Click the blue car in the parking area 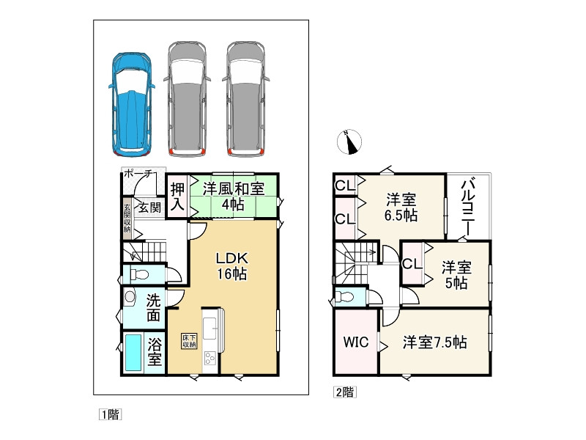click(x=132, y=104)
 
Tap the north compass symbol click(x=349, y=142)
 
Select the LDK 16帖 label click(x=231, y=266)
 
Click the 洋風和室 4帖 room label click(x=234, y=196)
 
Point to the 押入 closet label click(x=177, y=197)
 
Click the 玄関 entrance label click(x=149, y=207)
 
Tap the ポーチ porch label click(x=138, y=174)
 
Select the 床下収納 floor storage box click(x=189, y=341)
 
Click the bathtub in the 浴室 click(x=133, y=353)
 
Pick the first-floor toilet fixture click(x=139, y=275)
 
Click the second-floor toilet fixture click(x=344, y=297)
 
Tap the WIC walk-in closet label click(x=356, y=342)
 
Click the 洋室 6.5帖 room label click(x=401, y=208)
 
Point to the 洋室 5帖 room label click(x=456, y=276)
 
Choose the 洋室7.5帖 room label click(x=434, y=342)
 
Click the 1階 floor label click(x=111, y=414)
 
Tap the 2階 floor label click(x=344, y=392)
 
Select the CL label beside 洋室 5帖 click(x=412, y=264)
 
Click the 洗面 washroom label click(x=153, y=307)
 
